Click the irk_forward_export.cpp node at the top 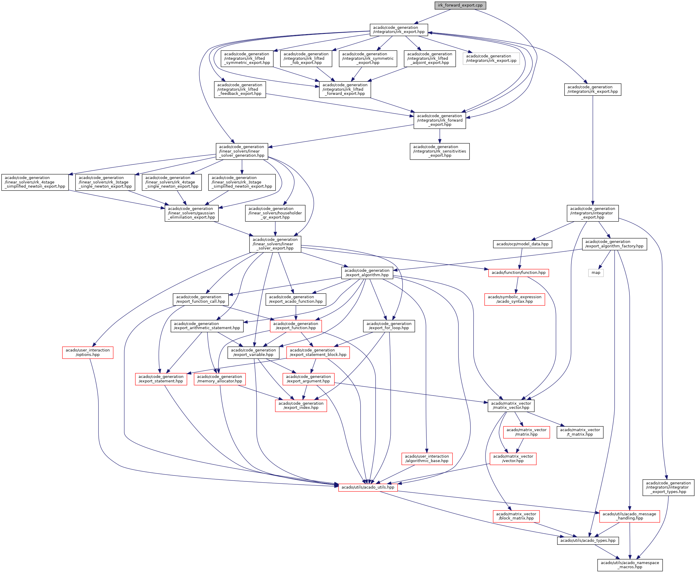[460, 5]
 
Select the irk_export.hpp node [399, 30]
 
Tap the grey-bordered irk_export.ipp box [491, 58]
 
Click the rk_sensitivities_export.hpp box [440, 151]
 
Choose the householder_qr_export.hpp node [275, 213]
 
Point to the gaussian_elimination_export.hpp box [191, 213]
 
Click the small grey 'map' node [596, 273]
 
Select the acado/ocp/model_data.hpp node [522, 244]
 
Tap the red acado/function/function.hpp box [519, 273]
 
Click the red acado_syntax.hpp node [514, 299]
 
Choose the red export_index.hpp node [301, 405]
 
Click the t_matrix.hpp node [580, 432]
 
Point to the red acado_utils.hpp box [368, 487]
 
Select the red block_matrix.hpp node [516, 516]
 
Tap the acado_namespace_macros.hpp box [630, 565]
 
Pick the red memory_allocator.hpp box [219, 379]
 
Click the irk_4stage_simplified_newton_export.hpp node [35, 182]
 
